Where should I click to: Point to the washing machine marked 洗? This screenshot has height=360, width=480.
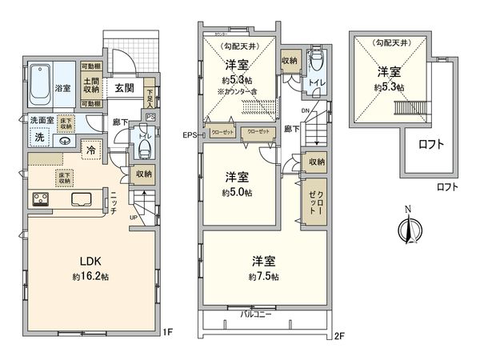coord(39,138)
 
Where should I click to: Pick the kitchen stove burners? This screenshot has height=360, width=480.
coord(39,199)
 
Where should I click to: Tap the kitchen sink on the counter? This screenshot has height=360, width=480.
coord(82,199)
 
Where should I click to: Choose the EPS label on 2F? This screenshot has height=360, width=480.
coord(190,135)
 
